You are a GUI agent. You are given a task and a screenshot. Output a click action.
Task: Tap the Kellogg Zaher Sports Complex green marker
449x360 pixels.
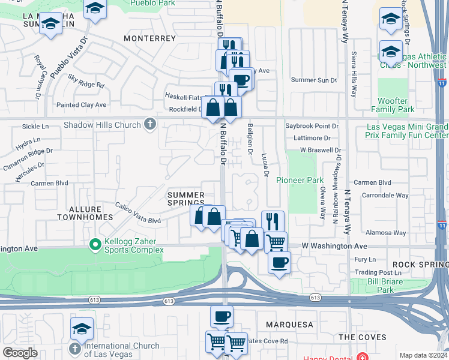(x=94, y=244)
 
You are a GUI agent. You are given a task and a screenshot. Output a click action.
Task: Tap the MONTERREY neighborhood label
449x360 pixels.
(x=149, y=38)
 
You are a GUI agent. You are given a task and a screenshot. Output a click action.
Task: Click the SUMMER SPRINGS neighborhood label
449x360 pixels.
(x=185, y=199)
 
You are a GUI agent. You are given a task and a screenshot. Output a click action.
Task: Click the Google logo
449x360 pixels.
(x=20, y=353)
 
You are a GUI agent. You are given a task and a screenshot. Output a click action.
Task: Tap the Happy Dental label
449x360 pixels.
(x=328, y=358)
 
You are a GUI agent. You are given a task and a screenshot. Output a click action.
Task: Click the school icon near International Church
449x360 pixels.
(x=82, y=329)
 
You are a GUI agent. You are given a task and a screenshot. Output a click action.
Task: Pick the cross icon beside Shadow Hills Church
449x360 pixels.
(x=149, y=125)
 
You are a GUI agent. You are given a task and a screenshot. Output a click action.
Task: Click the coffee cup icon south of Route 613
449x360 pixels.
(x=221, y=316)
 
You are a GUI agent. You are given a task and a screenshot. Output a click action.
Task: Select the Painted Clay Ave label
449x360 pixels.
(x=81, y=105)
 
